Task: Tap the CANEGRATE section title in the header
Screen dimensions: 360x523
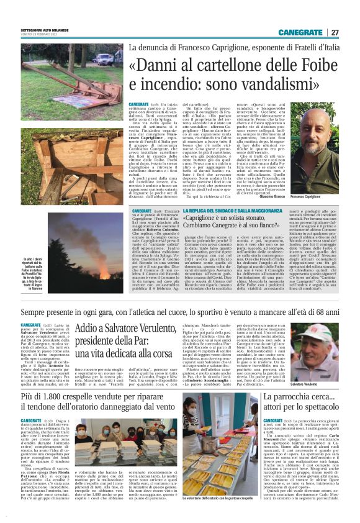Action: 300,32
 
